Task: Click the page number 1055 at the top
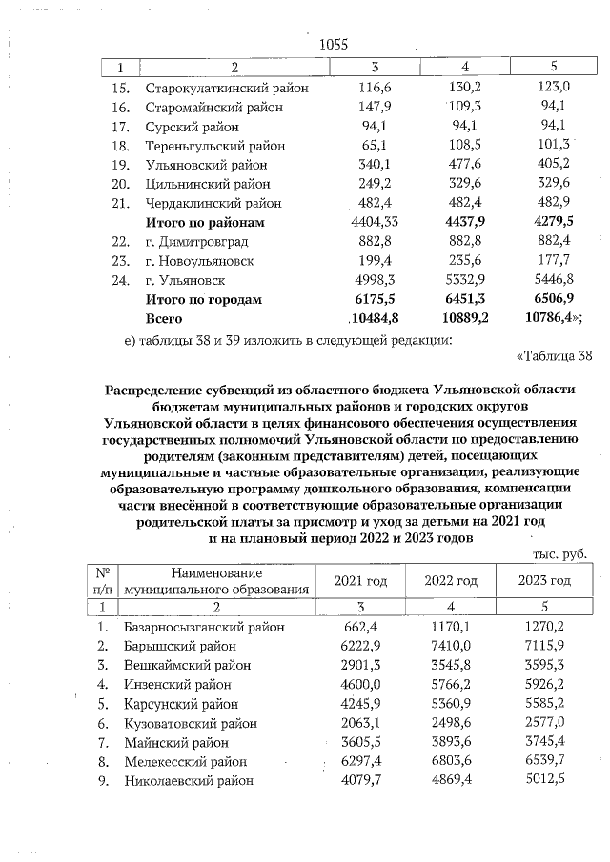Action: pyautogui.click(x=334, y=45)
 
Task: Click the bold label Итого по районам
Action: pyautogui.click(x=204, y=223)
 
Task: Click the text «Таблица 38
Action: pyautogui.click(x=554, y=356)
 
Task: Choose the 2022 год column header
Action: pyautogui.click(x=451, y=581)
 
